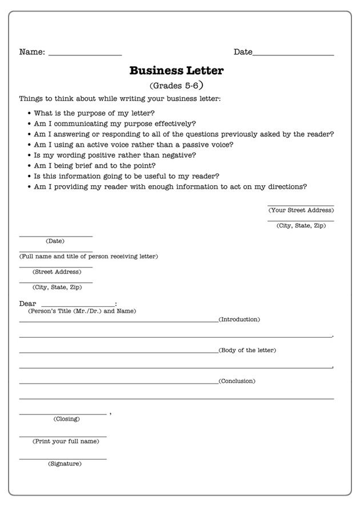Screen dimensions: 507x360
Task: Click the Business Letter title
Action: click(176, 71)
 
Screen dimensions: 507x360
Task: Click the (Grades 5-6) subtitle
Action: click(176, 86)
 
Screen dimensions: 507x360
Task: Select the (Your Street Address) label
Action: click(301, 210)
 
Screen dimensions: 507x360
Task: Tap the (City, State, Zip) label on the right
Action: click(301, 226)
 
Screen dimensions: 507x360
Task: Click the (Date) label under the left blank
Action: click(55, 241)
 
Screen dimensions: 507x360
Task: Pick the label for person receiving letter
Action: click(89, 256)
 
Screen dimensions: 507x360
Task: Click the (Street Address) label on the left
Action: click(57, 272)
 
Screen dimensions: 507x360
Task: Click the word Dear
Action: click(27, 304)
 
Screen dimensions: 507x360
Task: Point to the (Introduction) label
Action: click(239, 319)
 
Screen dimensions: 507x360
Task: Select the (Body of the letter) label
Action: click(247, 350)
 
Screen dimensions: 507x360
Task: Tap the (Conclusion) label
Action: click(237, 381)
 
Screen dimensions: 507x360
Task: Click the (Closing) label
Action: click(67, 419)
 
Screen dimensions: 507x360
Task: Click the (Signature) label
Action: click(65, 464)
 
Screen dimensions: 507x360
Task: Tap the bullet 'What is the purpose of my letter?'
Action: click(94, 113)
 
